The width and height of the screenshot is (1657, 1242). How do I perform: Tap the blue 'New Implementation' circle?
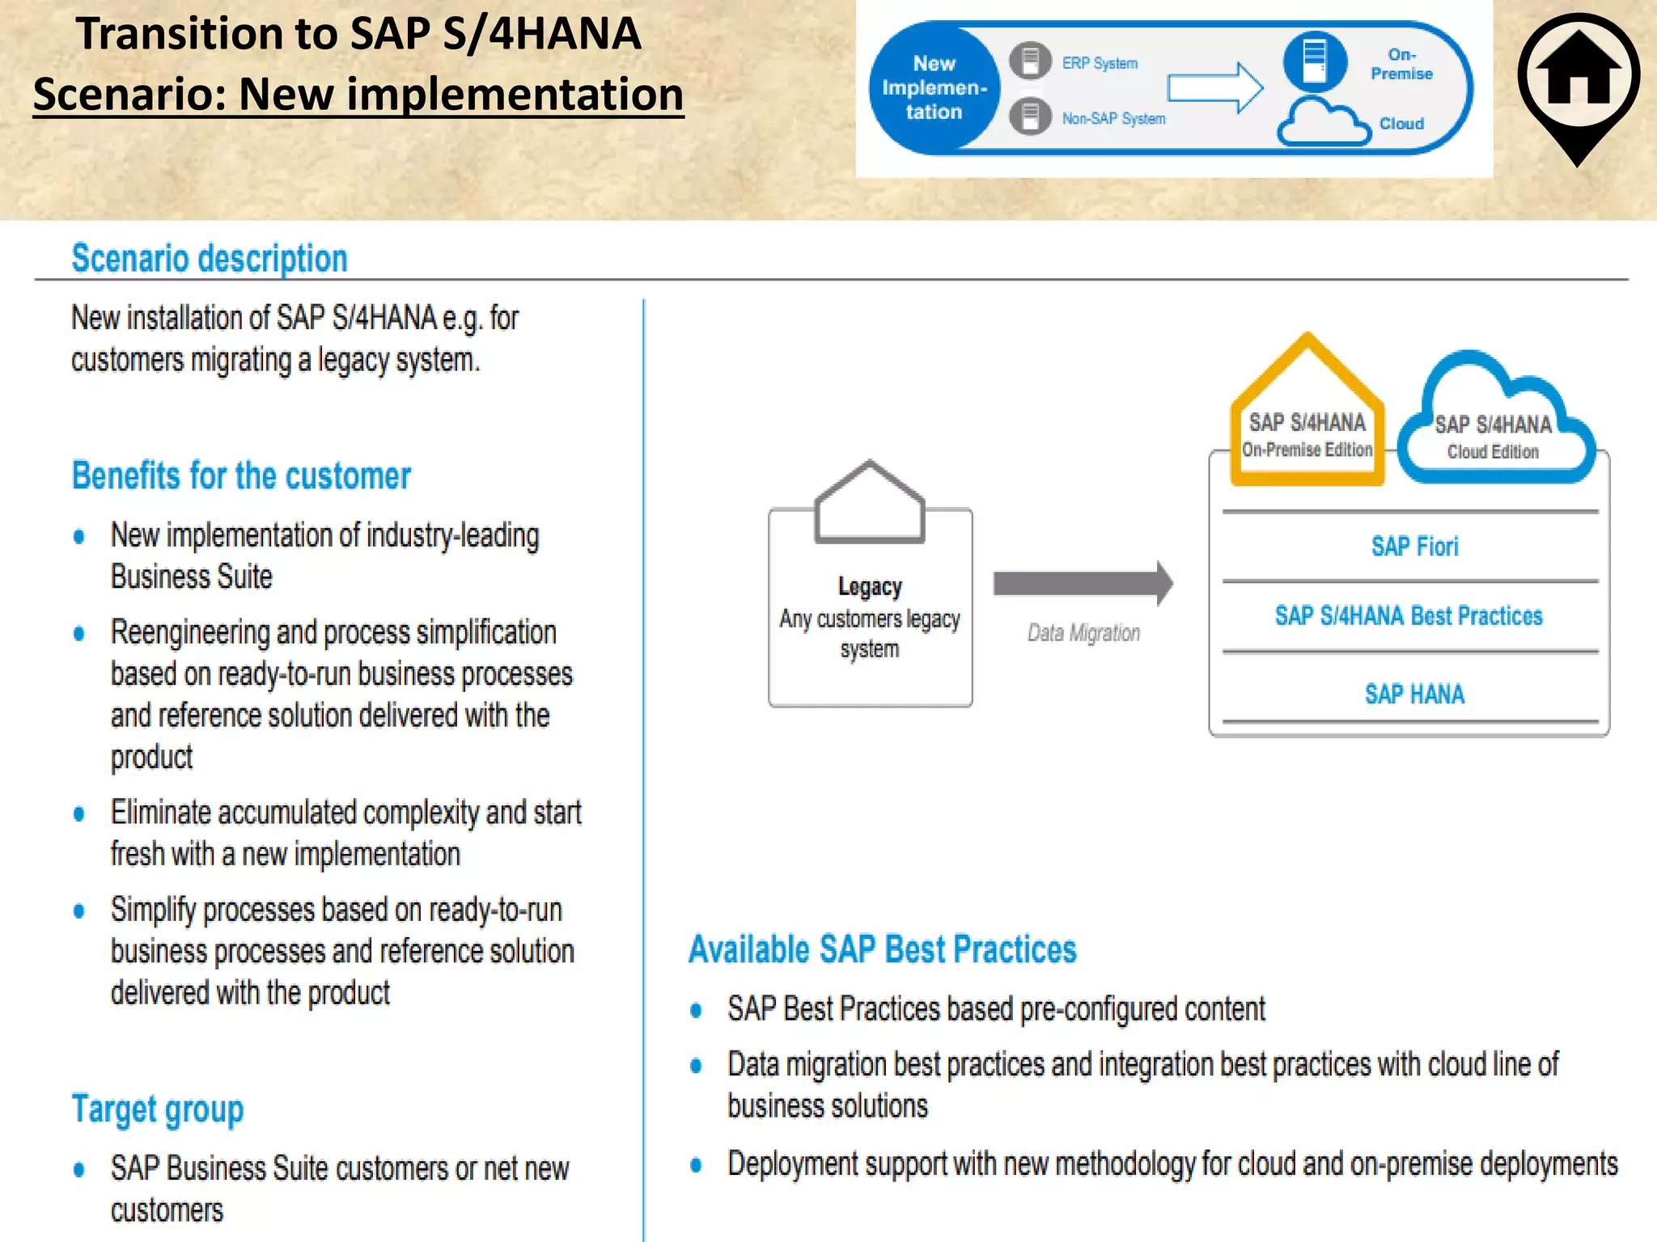(x=934, y=87)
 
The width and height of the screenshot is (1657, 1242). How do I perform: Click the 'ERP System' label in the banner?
(x=1100, y=63)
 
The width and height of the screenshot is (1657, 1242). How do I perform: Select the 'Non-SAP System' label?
(x=1113, y=119)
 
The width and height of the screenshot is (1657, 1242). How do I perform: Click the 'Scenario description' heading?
(x=210, y=259)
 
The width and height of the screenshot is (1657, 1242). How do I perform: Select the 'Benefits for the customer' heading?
(x=241, y=475)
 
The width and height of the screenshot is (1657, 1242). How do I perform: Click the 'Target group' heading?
(x=158, y=1109)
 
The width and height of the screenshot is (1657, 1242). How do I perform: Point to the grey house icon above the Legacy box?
(x=870, y=502)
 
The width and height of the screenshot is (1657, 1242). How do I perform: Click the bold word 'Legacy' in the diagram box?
(x=870, y=586)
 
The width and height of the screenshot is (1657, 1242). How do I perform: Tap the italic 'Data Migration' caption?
(x=1083, y=633)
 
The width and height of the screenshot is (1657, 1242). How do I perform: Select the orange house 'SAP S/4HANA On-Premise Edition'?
(x=1307, y=420)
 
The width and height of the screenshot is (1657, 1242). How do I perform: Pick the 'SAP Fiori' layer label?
(x=1414, y=547)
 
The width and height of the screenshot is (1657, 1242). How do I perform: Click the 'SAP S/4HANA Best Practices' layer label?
(x=1409, y=616)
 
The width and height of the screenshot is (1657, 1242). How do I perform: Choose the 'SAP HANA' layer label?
(x=1414, y=694)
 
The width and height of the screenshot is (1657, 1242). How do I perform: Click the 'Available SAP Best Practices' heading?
(x=882, y=949)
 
